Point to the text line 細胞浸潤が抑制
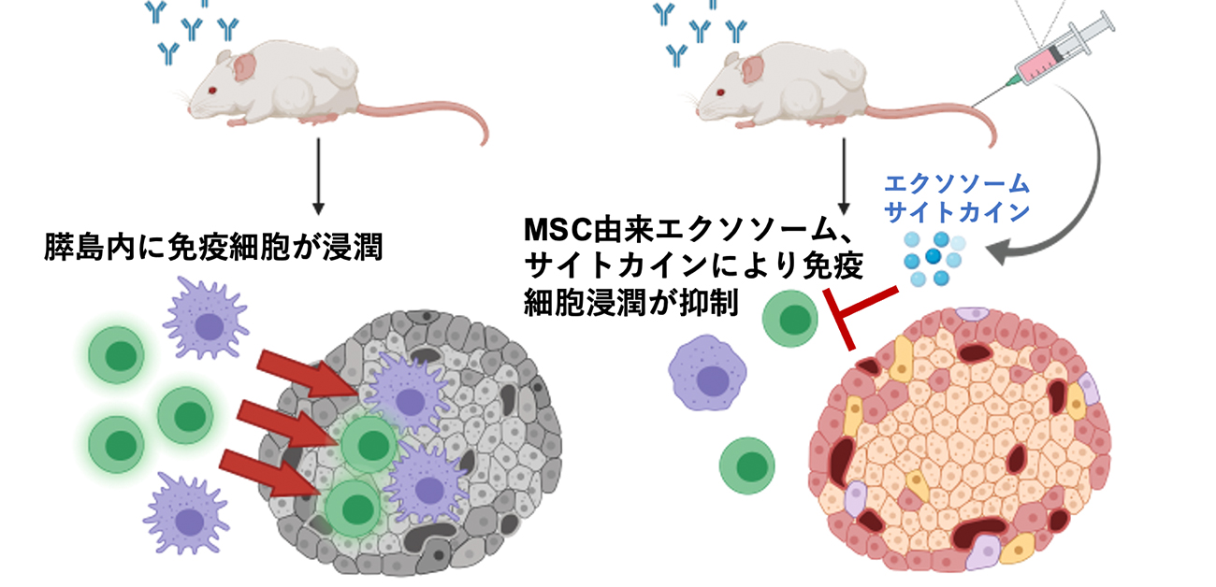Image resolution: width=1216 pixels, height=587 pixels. (632, 302)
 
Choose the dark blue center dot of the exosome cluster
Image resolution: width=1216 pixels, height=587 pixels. (934, 255)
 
